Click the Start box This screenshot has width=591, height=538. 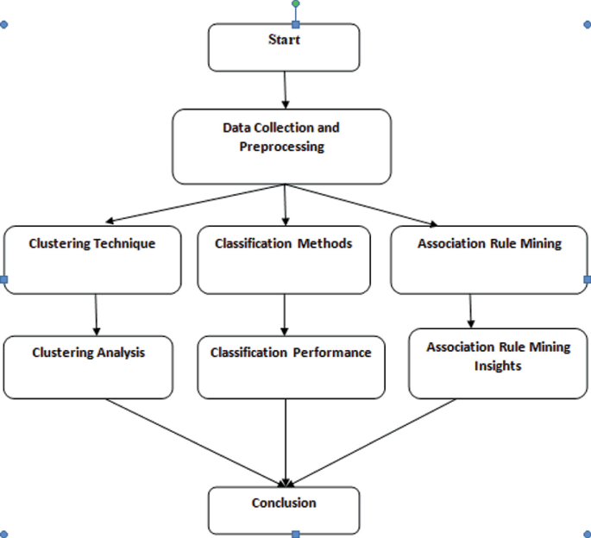tap(284, 47)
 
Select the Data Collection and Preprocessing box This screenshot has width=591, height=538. tap(281, 147)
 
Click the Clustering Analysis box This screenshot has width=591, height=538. tap(89, 367)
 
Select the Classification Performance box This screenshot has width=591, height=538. tap(291, 367)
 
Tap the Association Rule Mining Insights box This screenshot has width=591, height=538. tap(498, 363)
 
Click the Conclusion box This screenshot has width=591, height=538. tap(284, 510)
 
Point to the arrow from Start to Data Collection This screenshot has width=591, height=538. tap(284, 90)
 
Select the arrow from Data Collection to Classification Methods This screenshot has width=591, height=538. tap(284, 205)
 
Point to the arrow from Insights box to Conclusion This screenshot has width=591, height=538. tap(371, 441)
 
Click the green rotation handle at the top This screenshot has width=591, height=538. tap(295, 4)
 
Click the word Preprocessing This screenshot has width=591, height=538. tap(281, 147)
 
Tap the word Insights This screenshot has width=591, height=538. tap(498, 366)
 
